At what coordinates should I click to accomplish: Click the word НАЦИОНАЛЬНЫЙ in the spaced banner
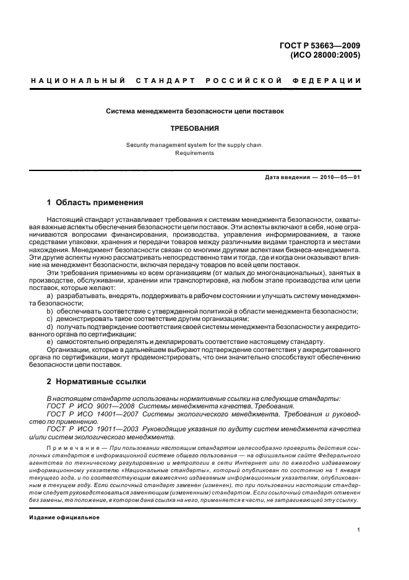coord(78,81)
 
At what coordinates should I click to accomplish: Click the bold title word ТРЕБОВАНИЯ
coord(194,129)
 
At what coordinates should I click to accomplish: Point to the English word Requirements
coord(194,152)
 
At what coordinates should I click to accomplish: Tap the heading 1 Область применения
coord(95,203)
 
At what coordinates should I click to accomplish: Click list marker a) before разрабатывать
coord(50,296)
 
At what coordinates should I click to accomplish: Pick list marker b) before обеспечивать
coord(50,311)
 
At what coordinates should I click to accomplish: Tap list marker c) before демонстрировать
coord(50,319)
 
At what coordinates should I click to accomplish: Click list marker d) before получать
coord(50,327)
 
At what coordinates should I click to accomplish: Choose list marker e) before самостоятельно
coord(50,342)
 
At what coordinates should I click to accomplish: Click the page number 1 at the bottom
coord(359,530)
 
